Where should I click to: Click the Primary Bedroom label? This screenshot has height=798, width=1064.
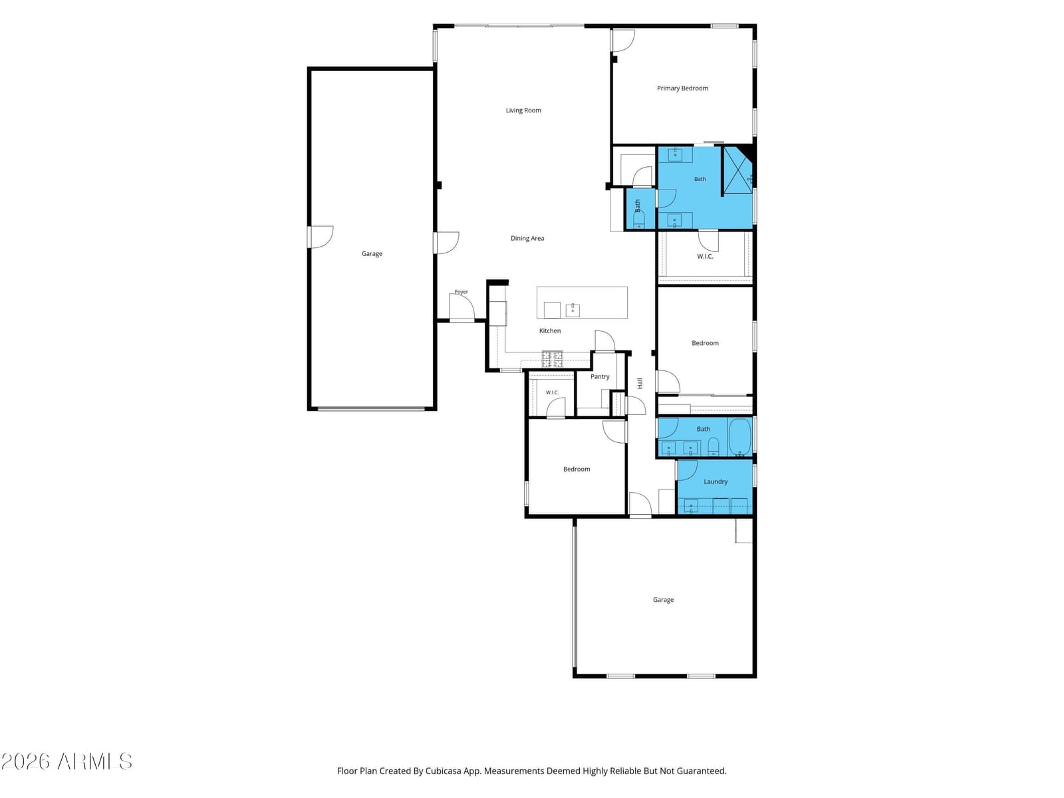point(682,88)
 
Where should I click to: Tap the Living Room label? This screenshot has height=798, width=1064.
point(523,110)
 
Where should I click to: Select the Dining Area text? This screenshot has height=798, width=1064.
point(527,238)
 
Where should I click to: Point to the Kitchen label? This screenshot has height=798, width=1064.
point(550,331)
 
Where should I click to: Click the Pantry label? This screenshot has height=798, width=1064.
point(600,376)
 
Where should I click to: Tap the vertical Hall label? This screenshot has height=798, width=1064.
point(640,383)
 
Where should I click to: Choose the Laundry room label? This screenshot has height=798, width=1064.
point(716,481)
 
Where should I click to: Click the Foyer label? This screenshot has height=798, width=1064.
point(461,292)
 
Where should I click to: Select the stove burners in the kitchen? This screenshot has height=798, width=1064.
point(552,359)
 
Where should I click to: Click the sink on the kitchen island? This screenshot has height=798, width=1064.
point(573,310)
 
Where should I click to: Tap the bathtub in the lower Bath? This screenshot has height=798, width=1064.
point(739,436)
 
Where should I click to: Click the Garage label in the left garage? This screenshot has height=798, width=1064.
point(372,254)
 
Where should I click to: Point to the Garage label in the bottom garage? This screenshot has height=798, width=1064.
point(663,600)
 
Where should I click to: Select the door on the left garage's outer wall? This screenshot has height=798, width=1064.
point(320,237)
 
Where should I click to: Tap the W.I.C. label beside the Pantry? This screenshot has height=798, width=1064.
point(552,392)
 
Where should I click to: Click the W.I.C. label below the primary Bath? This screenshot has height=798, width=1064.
point(705,256)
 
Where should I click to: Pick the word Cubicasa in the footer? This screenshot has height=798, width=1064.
point(443,771)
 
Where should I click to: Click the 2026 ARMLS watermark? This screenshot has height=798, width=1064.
point(66,761)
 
